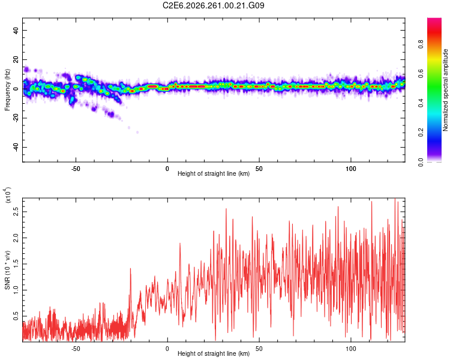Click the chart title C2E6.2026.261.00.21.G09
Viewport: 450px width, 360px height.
pyautogui.click(x=213, y=5)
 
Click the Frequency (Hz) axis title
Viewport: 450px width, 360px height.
pyautogui.click(x=7, y=90)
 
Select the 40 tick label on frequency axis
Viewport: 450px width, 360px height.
pyautogui.click(x=16, y=30)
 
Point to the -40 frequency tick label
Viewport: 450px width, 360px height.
pyautogui.click(x=16, y=148)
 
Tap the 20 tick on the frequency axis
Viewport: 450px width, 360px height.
pyautogui.click(x=16, y=59)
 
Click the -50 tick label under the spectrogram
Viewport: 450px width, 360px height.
pyautogui.click(x=76, y=169)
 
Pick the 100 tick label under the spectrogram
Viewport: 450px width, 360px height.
pyautogui.click(x=351, y=169)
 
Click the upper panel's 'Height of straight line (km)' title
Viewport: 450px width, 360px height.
pyautogui.click(x=214, y=173)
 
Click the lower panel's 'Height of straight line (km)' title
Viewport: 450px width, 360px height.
pyautogui.click(x=214, y=353)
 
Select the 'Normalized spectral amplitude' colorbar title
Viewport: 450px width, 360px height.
pyautogui.click(x=445, y=90)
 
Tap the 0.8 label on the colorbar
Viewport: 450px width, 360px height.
pyautogui.click(x=421, y=44)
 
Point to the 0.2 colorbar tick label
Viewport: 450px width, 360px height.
pyautogui.click(x=421, y=133)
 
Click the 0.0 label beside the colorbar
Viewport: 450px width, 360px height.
pyautogui.click(x=421, y=162)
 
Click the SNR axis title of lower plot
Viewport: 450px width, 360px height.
pyautogui.click(x=7, y=270)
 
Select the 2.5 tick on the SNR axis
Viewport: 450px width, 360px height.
pyautogui.click(x=16, y=212)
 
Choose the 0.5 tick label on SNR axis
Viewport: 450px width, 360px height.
pyautogui.click(x=16, y=316)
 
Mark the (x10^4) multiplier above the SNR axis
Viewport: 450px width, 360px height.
pyautogui.click(x=8, y=195)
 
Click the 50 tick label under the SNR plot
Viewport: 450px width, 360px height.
pyautogui.click(x=259, y=349)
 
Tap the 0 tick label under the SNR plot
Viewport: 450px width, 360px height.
pyautogui.click(x=167, y=349)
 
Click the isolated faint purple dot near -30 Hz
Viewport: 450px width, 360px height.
pyautogui.click(x=137, y=133)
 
